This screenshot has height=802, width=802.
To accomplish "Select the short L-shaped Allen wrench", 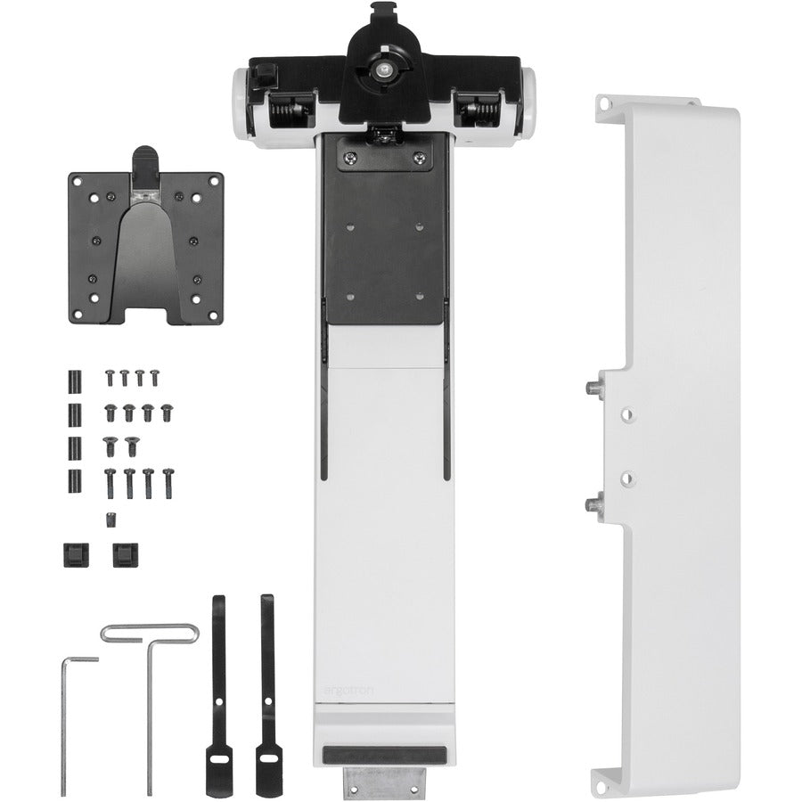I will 64,713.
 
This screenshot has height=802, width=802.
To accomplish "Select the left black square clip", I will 72,555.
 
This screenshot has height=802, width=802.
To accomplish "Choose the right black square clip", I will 121,555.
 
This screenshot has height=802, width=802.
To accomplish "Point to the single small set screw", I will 111,519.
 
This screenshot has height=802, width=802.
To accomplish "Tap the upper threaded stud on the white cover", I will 591,389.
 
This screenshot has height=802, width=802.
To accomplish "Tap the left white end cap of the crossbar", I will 241,105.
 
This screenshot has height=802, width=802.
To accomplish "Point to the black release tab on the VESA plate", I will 145,163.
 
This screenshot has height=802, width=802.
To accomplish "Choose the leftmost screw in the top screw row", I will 110,379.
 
